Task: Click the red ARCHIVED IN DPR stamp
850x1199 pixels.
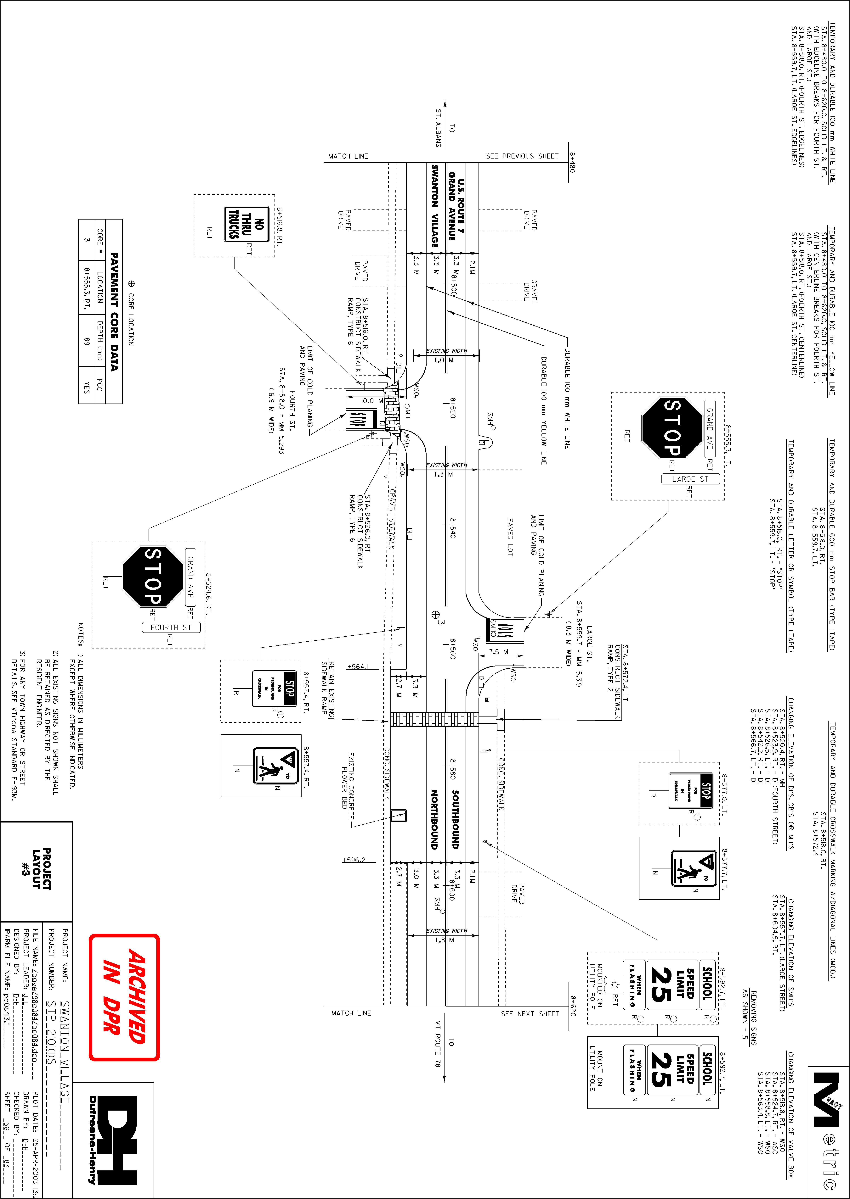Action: (x=124, y=996)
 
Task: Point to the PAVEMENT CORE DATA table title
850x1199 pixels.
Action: (x=114, y=311)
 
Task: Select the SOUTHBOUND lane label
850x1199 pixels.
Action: (x=455, y=819)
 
